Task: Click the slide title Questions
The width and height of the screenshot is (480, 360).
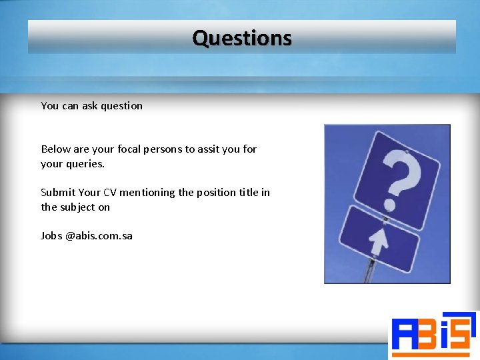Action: tap(241, 38)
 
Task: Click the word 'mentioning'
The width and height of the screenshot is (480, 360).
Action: tap(147, 192)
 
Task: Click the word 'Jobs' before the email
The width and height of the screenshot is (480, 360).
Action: tap(51, 235)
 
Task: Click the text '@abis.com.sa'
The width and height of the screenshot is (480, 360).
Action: tap(99, 235)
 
